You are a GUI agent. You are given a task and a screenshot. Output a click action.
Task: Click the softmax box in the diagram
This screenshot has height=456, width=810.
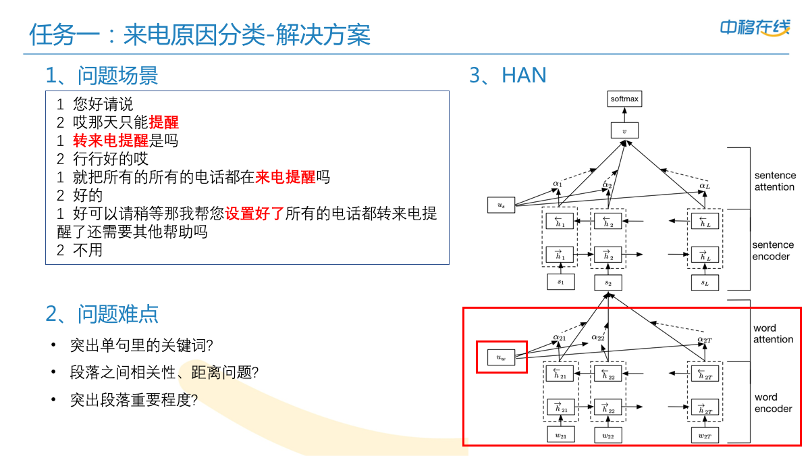click(x=624, y=99)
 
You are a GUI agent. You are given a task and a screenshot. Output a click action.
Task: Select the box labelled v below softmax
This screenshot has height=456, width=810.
click(x=624, y=131)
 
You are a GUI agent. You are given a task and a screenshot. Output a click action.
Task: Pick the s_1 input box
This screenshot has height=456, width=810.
click(x=560, y=282)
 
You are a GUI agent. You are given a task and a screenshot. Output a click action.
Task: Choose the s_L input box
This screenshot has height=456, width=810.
click(x=705, y=282)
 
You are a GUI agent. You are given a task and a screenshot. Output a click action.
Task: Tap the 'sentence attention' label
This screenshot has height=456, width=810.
click(x=774, y=181)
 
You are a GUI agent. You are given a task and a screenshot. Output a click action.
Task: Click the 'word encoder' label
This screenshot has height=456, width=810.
click(x=773, y=403)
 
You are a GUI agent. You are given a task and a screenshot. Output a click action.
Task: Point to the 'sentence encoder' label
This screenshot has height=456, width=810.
click(x=773, y=251)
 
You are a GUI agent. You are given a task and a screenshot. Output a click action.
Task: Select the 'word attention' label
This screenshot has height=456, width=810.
click(x=774, y=334)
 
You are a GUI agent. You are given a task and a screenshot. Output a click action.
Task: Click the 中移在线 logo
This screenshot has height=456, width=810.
click(x=754, y=28)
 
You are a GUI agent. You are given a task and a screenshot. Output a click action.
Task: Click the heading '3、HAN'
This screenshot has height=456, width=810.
click(x=508, y=75)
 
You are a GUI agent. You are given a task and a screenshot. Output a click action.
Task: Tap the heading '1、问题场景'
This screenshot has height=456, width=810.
click(x=102, y=75)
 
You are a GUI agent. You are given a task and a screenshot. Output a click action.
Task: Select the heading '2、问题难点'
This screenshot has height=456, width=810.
click(x=102, y=313)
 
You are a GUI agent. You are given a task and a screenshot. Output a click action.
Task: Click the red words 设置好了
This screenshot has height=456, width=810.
click(x=254, y=213)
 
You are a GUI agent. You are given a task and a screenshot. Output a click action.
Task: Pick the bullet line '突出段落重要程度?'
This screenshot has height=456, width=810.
click(x=134, y=399)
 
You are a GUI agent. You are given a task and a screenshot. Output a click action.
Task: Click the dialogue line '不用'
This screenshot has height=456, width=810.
click(x=88, y=250)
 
